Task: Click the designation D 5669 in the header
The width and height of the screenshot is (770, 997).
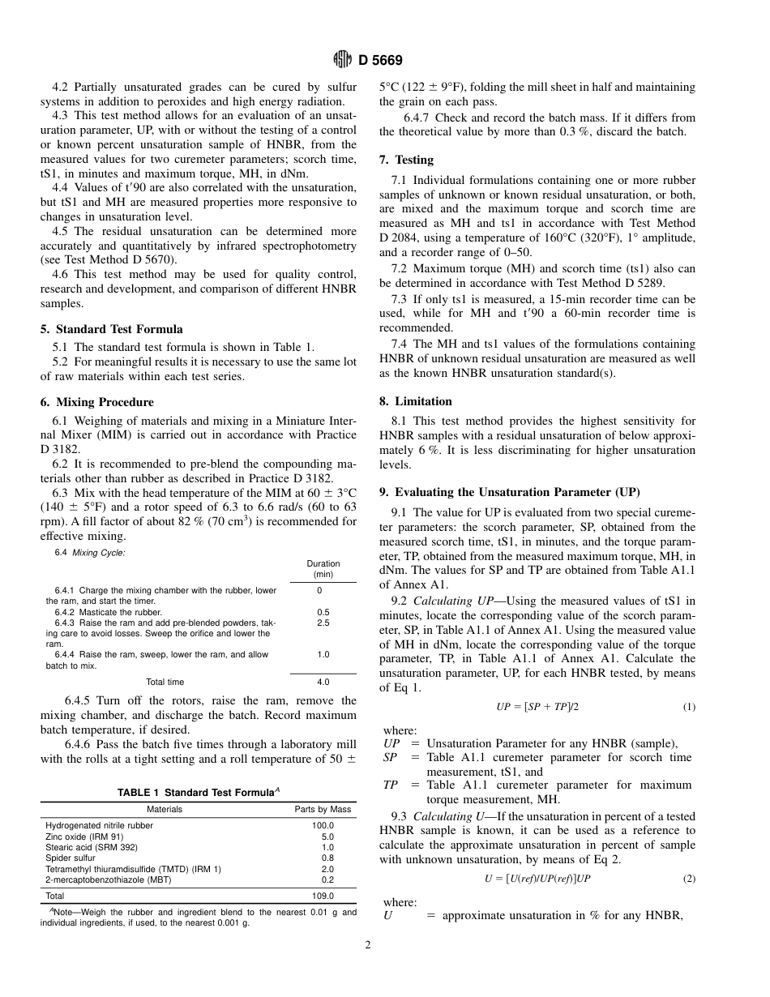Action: (380, 60)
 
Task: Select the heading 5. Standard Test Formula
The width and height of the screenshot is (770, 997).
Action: (111, 329)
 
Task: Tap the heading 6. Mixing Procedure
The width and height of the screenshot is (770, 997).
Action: (96, 402)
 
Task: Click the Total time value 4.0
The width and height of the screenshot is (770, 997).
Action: (323, 682)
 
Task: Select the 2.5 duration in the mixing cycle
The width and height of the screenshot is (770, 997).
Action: (323, 623)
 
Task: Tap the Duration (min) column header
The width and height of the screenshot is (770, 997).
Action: (323, 569)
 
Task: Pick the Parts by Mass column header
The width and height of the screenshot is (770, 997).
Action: (323, 809)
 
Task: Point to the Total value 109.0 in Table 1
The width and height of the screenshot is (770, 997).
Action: (323, 896)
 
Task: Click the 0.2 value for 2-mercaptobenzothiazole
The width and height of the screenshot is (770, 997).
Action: (327, 879)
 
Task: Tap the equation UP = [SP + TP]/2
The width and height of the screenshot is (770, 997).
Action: (537, 707)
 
